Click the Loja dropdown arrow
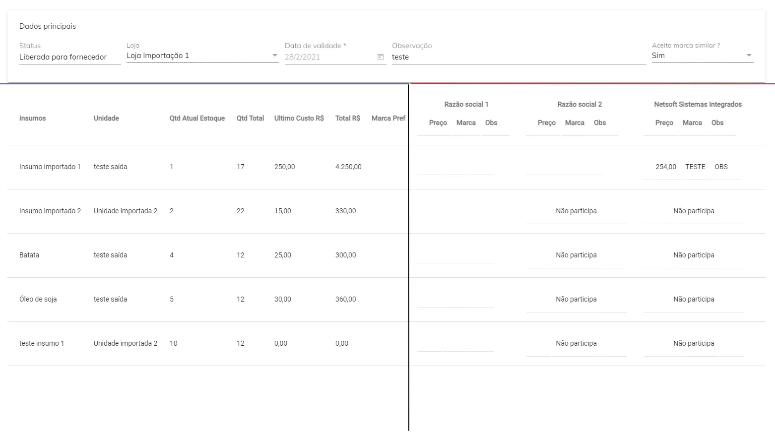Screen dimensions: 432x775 tap(275, 56)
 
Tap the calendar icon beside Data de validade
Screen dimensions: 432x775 tap(381, 57)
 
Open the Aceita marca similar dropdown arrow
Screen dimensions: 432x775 tap(749, 56)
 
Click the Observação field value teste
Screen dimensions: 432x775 tap(400, 57)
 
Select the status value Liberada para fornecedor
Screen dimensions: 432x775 tap(63, 57)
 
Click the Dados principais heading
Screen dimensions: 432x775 tap(48, 26)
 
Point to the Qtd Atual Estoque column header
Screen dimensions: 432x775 tap(197, 118)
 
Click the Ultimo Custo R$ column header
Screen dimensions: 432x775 tap(299, 118)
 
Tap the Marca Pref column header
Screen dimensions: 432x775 tap(388, 118)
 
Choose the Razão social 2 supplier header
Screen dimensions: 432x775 tap(579, 104)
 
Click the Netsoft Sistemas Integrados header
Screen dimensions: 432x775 tap(698, 104)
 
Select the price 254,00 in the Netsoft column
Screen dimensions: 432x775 tap(665, 167)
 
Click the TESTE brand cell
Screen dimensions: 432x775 tap(695, 167)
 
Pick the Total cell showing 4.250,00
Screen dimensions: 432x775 tap(348, 167)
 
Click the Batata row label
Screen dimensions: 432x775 tap(29, 255)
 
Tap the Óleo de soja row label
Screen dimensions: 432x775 tap(38, 299)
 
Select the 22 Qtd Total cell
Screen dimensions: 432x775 tap(241, 211)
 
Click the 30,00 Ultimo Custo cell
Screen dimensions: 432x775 tap(283, 299)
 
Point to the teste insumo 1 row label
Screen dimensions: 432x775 tap(42, 343)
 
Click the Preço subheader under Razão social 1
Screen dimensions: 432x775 tap(438, 123)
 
